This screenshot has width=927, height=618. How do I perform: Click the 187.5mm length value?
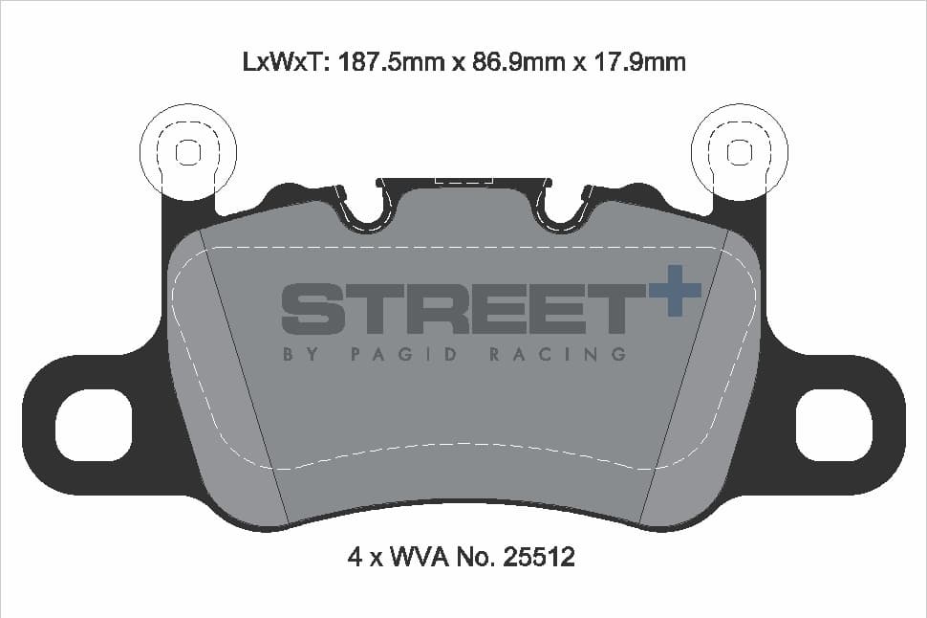click(x=382, y=62)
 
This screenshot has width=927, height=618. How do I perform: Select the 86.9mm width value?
click(x=507, y=62)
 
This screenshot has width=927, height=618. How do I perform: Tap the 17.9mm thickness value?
click(x=634, y=62)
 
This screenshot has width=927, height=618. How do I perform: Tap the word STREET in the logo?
click(x=463, y=308)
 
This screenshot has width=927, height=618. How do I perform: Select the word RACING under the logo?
click(x=557, y=354)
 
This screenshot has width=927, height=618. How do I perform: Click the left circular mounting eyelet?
click(x=188, y=151)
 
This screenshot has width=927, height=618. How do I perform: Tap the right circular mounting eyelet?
click(x=739, y=151)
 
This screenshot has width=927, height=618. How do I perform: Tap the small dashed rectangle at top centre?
click(x=463, y=179)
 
